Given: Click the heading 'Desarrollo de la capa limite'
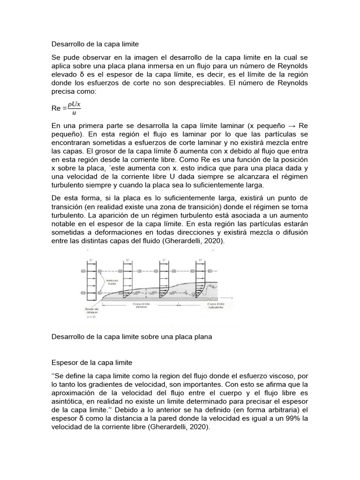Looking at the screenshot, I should [x=95, y=44].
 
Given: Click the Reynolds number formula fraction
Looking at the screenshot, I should [x=74, y=108].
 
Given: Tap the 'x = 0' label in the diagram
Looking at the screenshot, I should [x=92, y=317].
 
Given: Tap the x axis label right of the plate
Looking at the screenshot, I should [x=232, y=297].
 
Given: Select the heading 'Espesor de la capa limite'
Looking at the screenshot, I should [x=92, y=363].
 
